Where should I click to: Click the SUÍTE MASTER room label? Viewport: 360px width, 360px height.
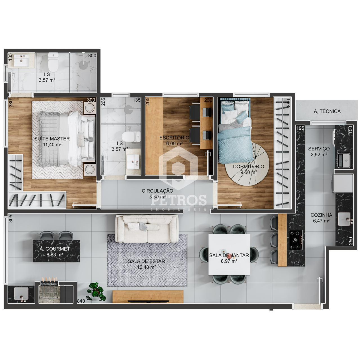pyautogui.click(x=52, y=139)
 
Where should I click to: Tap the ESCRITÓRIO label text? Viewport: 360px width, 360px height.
pyautogui.click(x=174, y=138)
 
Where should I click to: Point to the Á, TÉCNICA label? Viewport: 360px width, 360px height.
pyautogui.click(x=327, y=111)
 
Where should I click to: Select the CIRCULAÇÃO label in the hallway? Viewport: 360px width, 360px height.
pyautogui.click(x=157, y=191)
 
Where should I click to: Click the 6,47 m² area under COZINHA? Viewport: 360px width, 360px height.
pyautogui.click(x=321, y=220)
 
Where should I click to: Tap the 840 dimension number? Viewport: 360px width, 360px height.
pyautogui.click(x=81, y=301)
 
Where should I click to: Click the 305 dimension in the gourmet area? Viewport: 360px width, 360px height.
pyautogui.click(x=11, y=219)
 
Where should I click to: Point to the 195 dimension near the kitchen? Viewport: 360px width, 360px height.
pyautogui.click(x=300, y=128)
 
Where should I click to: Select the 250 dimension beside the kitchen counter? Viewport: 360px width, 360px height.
pyautogui.click(x=350, y=241)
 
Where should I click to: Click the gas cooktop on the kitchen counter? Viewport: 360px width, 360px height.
pyautogui.click(x=296, y=240)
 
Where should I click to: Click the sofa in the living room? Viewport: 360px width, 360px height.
pyautogui.click(x=147, y=229)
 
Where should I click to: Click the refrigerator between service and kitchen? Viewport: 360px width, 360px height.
pyautogui.click(x=343, y=183)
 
